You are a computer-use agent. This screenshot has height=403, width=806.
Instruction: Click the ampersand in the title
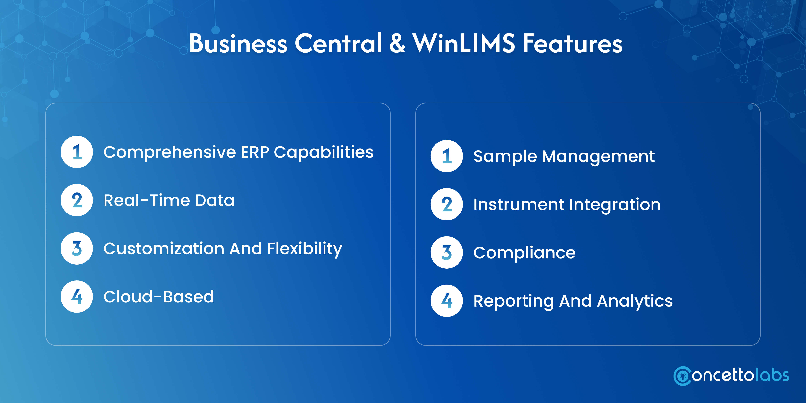pos(397,43)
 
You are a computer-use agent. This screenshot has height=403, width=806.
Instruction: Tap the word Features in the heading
pos(573,43)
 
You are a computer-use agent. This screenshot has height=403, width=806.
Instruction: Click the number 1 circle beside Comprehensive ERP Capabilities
pos(77,152)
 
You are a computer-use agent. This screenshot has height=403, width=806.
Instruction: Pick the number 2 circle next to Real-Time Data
pos(77,200)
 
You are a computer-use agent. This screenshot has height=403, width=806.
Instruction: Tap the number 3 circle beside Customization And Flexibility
pos(77,249)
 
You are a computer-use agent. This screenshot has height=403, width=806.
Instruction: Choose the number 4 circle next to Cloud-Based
pos(77,297)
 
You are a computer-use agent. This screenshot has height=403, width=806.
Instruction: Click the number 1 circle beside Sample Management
pos(447,156)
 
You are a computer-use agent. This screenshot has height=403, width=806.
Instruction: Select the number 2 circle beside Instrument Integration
pos(447,204)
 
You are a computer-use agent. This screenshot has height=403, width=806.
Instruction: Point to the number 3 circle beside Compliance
pos(447,252)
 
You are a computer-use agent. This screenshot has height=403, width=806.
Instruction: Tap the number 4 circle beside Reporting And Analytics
pos(447,301)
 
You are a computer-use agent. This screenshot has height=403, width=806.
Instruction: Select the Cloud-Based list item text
pos(159,297)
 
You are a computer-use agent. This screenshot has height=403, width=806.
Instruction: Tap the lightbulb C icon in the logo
pos(682,376)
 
